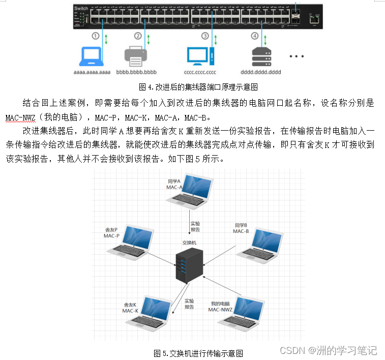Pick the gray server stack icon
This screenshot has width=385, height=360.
click(x=262, y=56)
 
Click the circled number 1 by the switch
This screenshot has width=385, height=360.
click(x=95, y=36)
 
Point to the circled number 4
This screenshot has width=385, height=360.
click(x=255, y=36)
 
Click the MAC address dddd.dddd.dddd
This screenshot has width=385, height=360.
click(x=262, y=72)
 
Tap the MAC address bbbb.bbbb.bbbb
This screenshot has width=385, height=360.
click(x=137, y=72)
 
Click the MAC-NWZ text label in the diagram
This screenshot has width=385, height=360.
click(x=220, y=310)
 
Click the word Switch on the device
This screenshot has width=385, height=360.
click(x=81, y=9)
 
